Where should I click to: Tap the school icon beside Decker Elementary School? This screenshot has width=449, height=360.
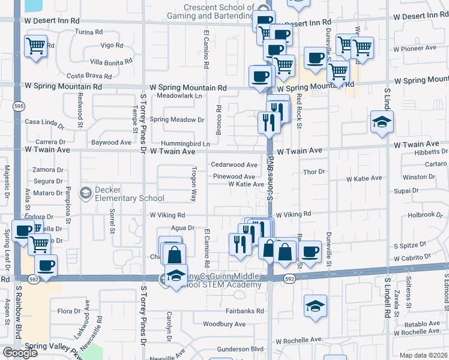coord(86,193)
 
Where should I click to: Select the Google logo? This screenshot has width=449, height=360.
coord(20,353)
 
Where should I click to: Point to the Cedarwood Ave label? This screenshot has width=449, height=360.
coord(234,165)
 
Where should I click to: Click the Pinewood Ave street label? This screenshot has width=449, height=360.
coord(234,176)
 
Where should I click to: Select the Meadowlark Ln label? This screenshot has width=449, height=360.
coord(179,95)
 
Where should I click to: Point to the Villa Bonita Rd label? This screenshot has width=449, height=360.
coord(111,62)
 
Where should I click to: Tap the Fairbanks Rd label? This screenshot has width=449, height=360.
coord(244,311)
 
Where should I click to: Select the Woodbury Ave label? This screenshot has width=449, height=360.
coord(224,324)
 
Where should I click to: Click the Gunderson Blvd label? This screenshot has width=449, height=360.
coord(240,348)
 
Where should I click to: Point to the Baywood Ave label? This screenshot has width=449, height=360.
coord(110,143)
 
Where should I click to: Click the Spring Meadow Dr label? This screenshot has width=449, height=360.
coord(176,119)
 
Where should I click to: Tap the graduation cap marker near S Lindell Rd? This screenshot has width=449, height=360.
coord(382,122)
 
